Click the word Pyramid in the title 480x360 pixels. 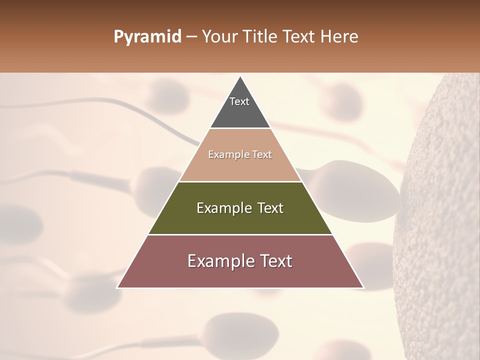[x=147, y=37]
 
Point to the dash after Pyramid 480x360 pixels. [x=191, y=37]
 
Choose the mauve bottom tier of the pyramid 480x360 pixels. [x=240, y=275]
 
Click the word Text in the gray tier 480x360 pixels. [x=239, y=101]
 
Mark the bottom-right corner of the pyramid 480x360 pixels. [x=363, y=287]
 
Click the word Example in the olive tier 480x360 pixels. [x=223, y=208]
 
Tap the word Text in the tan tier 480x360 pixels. [x=262, y=154]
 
